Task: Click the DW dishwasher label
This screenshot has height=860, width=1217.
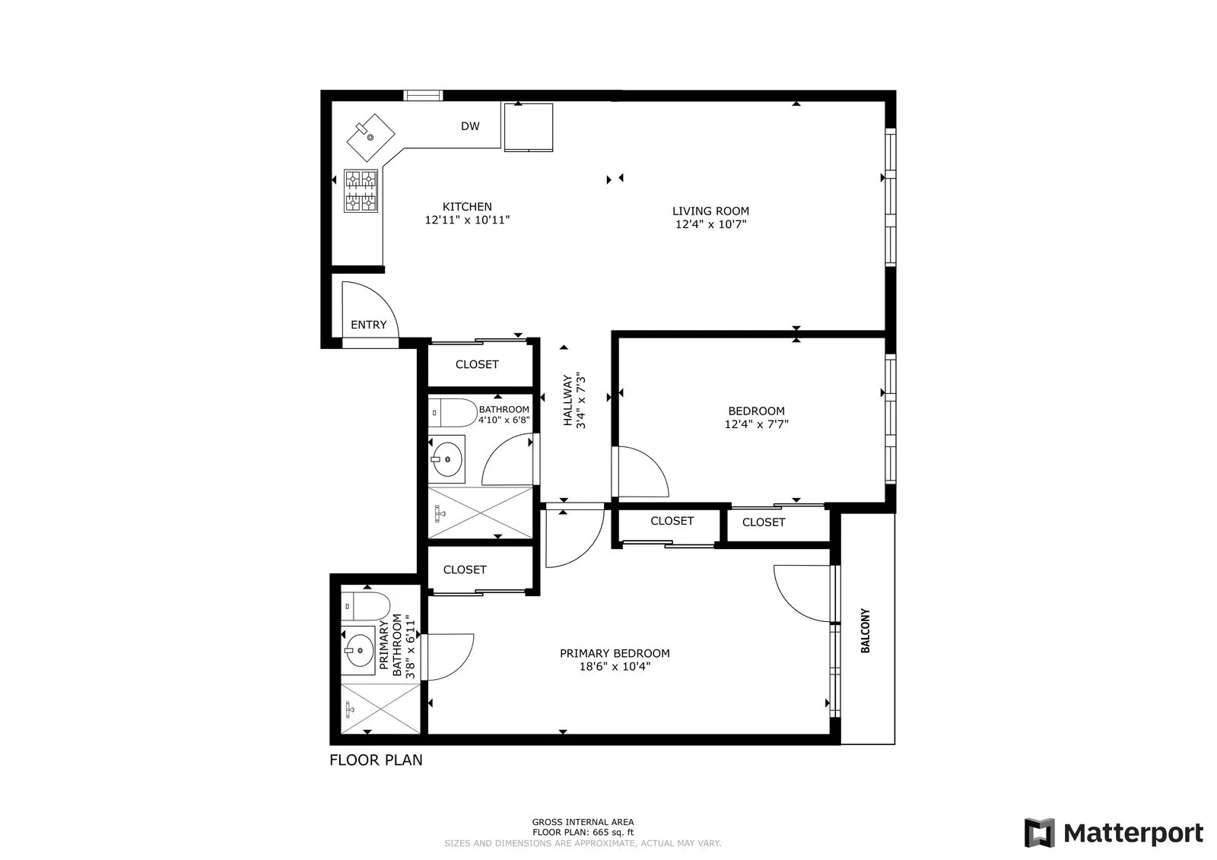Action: (x=470, y=126)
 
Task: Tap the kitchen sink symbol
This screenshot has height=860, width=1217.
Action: (x=370, y=137)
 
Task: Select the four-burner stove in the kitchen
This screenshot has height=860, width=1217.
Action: (x=361, y=191)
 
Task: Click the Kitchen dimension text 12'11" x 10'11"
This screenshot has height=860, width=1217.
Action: (x=467, y=221)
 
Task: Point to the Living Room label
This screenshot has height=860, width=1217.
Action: (x=710, y=211)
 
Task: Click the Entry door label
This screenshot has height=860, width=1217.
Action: (x=369, y=325)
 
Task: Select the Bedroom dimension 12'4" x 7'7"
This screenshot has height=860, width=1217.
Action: (x=756, y=424)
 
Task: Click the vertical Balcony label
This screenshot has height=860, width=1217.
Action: (x=866, y=630)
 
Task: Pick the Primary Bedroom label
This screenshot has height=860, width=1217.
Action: (x=615, y=653)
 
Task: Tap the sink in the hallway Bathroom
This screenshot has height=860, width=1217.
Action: (x=446, y=459)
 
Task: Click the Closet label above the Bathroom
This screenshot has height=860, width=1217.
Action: (x=477, y=364)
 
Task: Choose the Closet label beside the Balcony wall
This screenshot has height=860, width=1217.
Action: (x=763, y=522)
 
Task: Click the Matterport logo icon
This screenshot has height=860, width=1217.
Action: (x=1039, y=833)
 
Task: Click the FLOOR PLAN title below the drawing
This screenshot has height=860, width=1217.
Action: (x=376, y=760)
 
